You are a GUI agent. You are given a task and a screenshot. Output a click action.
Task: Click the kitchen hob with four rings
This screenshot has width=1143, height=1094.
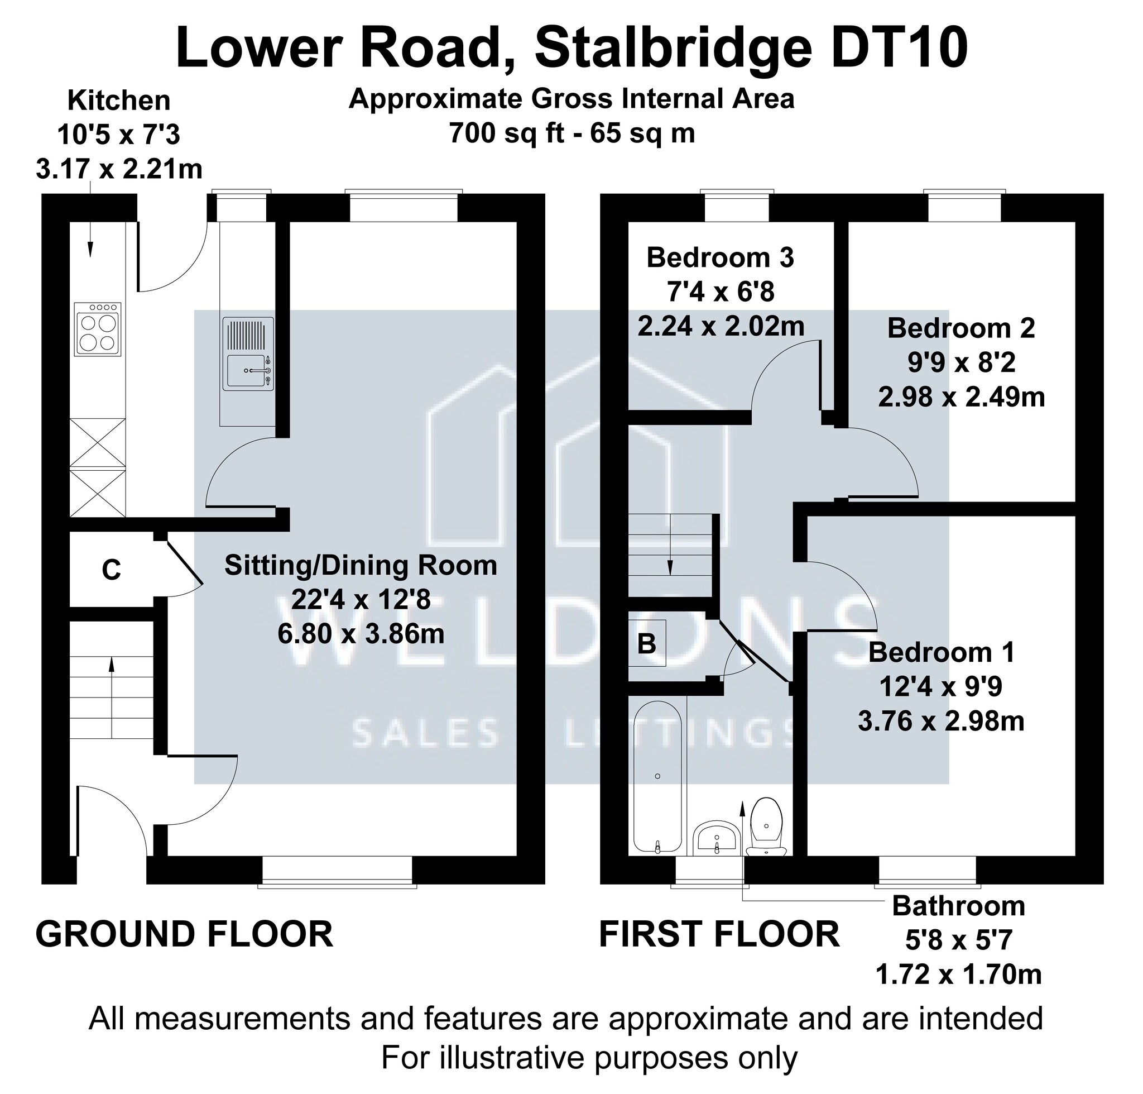click(x=98, y=329)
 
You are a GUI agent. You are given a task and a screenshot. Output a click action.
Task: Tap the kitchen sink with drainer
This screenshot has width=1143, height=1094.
click(x=248, y=353)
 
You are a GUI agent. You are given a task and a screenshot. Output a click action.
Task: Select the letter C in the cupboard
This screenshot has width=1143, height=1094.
click(x=111, y=570)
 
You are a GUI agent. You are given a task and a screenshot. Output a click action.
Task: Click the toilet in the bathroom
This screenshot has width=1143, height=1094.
click(x=766, y=827)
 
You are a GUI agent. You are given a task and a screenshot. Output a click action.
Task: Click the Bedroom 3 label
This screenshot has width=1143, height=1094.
click(x=721, y=258)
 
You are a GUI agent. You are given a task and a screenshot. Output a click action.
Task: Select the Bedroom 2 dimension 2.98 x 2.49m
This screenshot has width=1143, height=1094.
click(x=961, y=398)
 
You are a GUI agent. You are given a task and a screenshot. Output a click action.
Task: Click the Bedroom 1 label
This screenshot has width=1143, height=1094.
click(x=942, y=653)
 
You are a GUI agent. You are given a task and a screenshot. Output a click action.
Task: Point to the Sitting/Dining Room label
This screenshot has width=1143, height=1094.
click(x=361, y=566)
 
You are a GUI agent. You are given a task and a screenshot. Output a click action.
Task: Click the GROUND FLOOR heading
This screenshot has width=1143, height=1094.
click(x=184, y=934)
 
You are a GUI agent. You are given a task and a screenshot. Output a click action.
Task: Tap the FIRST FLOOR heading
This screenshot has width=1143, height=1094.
click(x=719, y=934)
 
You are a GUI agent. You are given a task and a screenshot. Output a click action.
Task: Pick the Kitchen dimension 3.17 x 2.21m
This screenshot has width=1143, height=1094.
click(x=119, y=170)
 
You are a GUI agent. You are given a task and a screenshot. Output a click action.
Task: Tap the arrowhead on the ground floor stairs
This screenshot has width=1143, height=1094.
click(x=111, y=663)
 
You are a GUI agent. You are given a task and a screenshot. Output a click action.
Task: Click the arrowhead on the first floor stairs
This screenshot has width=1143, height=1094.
click(x=670, y=568)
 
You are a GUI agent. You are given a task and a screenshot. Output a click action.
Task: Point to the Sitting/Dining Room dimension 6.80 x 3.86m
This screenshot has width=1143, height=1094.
click(x=361, y=633)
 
